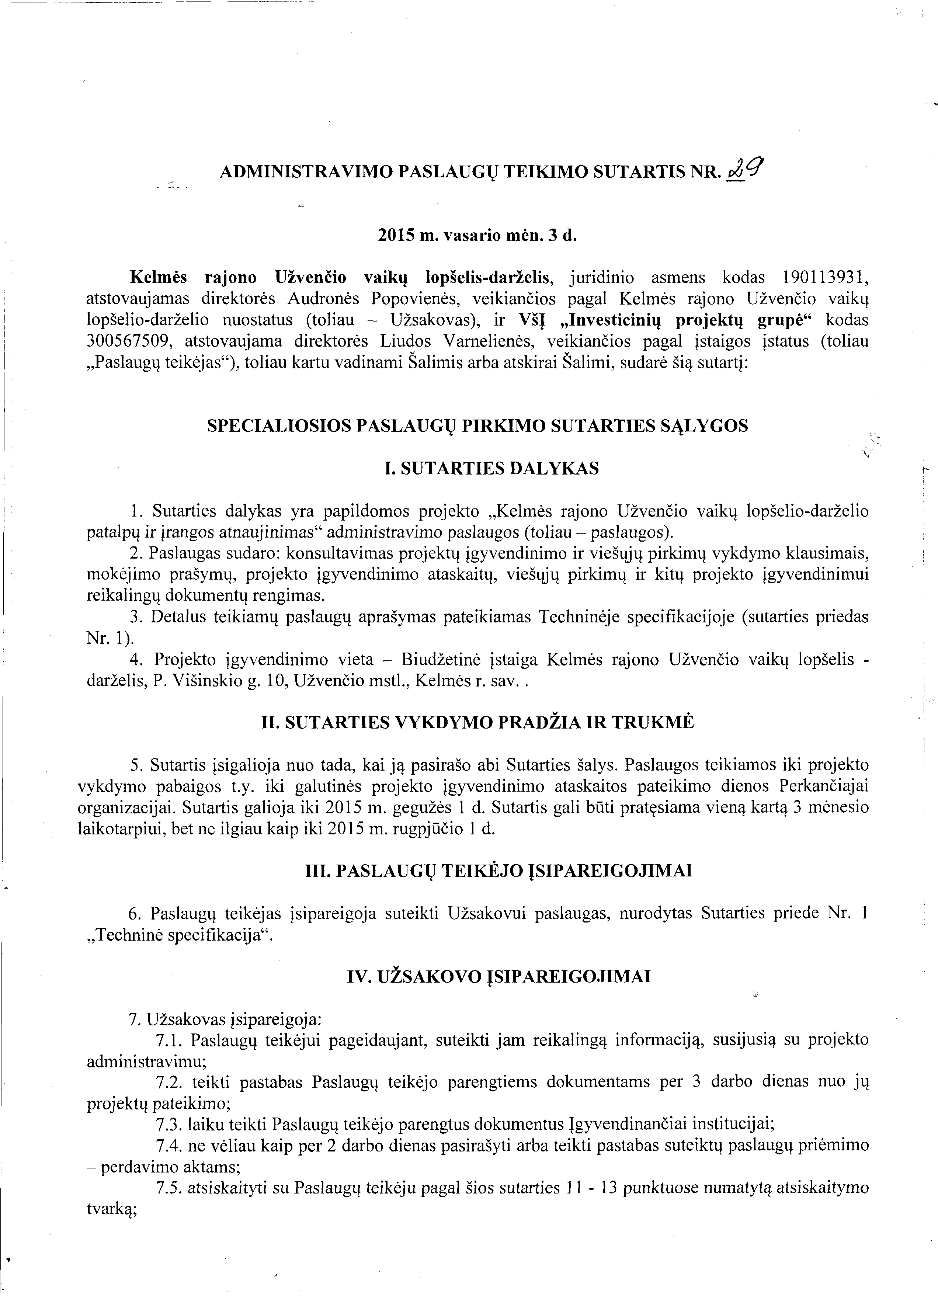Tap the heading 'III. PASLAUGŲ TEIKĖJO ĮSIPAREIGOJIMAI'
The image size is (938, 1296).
click(499, 871)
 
